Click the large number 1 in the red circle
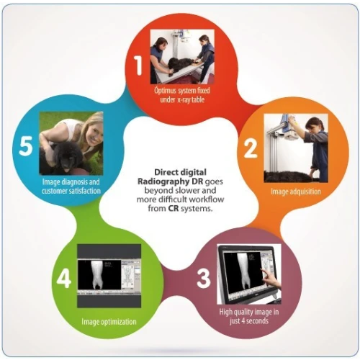138,66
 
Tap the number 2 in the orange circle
251,149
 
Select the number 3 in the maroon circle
204,278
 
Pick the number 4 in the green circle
64,278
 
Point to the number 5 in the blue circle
25,146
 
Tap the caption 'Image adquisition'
296,192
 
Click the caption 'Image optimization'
109,322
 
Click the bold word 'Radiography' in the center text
163,181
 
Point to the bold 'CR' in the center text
174,208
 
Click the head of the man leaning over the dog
160,44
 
